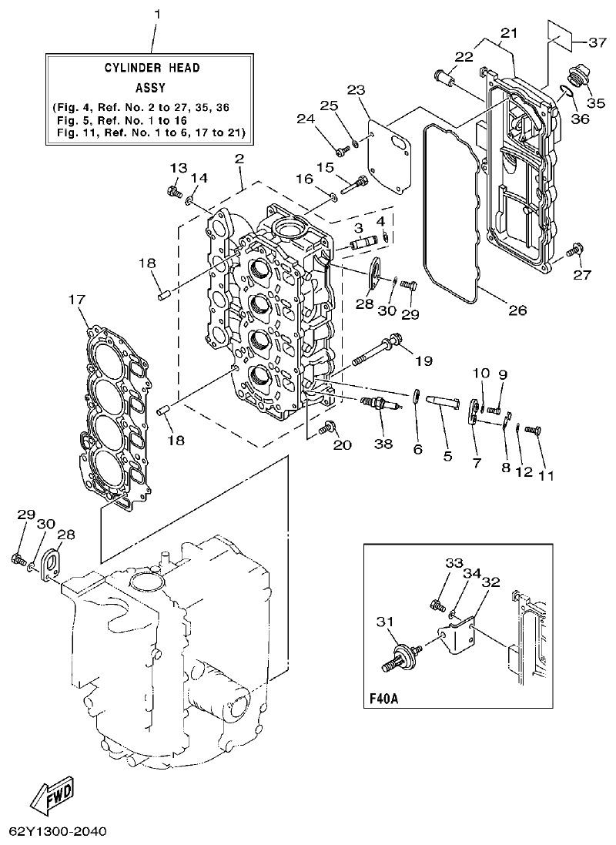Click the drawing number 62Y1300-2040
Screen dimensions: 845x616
coord(58,832)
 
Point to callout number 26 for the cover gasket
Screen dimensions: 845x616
coord(517,311)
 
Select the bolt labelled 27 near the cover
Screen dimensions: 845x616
coord(572,249)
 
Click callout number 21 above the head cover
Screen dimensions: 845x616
coord(509,32)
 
